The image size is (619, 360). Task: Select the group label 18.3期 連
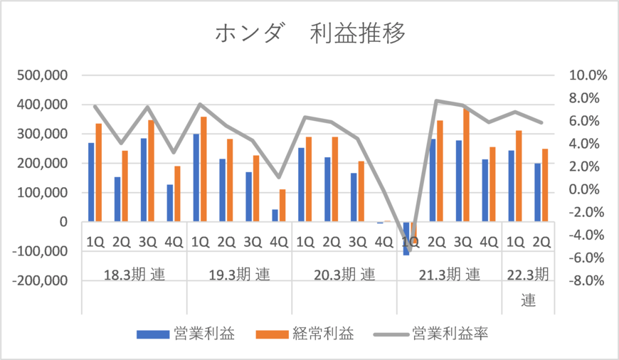click(134, 275)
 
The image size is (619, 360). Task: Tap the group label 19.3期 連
click(239, 275)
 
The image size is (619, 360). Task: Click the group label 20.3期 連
click(344, 275)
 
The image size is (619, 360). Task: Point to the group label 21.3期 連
click(449, 275)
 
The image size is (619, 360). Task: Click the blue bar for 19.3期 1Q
click(196, 178)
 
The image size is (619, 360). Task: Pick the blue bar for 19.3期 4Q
click(275, 216)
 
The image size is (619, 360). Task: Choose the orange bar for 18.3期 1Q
click(99, 173)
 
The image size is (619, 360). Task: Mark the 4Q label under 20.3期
click(383, 241)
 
